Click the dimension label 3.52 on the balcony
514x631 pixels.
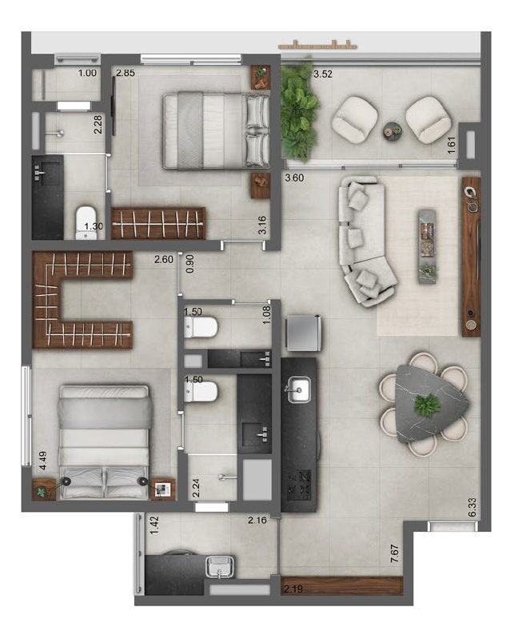(x=323, y=74)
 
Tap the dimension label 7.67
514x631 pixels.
(x=395, y=553)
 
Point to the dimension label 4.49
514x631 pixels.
(x=42, y=461)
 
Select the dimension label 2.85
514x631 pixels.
(x=126, y=74)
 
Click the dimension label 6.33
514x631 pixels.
(x=472, y=507)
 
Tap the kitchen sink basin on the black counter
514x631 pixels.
(x=298, y=389)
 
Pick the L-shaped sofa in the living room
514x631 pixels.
(x=364, y=242)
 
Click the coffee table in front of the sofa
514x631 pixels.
(x=427, y=246)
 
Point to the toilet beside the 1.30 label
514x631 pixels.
(x=86, y=223)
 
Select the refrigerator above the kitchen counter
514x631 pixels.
(x=303, y=333)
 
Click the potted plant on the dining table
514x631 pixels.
(x=427, y=405)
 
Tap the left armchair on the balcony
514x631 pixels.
(x=355, y=119)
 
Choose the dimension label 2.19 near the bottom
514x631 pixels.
(x=293, y=589)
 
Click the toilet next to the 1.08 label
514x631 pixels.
(x=201, y=327)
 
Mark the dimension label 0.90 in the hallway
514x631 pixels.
(x=189, y=264)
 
